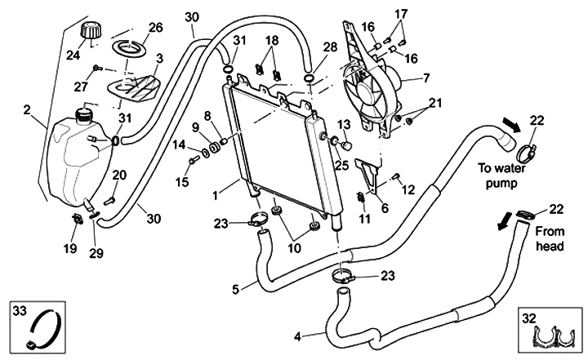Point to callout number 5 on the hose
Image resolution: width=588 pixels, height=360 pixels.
[x=236, y=288]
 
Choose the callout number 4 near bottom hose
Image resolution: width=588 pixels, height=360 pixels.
[x=297, y=335]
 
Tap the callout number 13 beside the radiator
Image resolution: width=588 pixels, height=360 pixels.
[x=344, y=123]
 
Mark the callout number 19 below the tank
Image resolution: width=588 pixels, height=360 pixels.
[x=70, y=247]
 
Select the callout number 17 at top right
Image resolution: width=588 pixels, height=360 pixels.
[x=401, y=14]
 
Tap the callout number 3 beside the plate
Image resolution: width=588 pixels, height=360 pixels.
[x=158, y=59]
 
